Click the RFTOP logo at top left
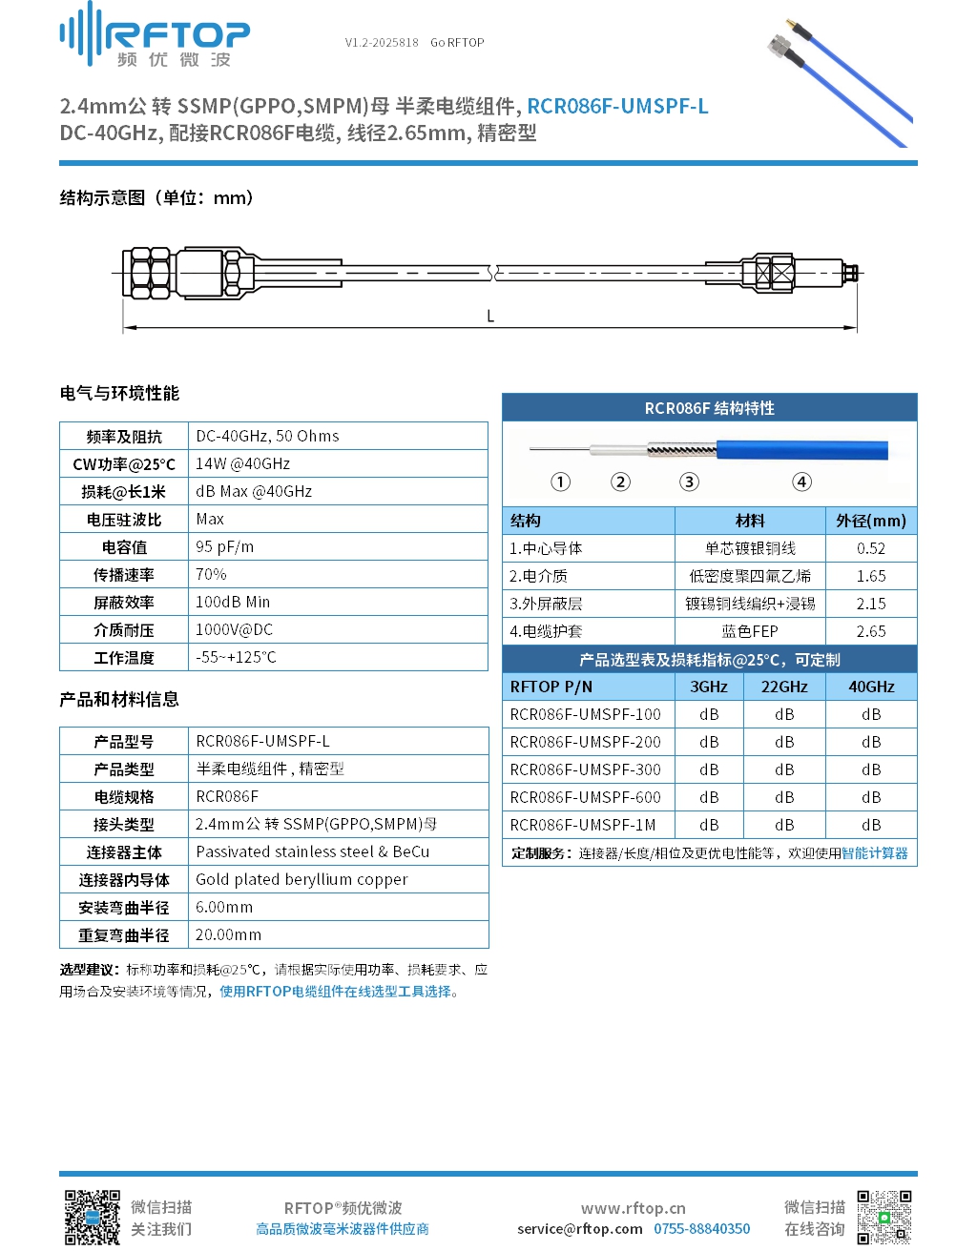click(155, 36)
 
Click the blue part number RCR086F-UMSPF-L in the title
click(617, 106)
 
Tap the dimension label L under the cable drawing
click(490, 317)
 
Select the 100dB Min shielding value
click(233, 603)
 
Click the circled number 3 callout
click(689, 482)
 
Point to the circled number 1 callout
click(561, 482)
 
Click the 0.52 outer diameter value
click(870, 548)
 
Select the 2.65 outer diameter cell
click(870, 631)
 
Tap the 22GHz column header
click(784, 687)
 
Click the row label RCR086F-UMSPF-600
click(585, 797)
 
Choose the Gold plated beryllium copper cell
click(301, 879)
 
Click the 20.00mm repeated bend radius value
click(228, 934)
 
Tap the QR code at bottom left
click(92, 1217)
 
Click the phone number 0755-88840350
click(701, 1229)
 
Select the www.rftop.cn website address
click(633, 1208)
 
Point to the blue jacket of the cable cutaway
click(801, 450)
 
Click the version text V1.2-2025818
click(382, 43)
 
